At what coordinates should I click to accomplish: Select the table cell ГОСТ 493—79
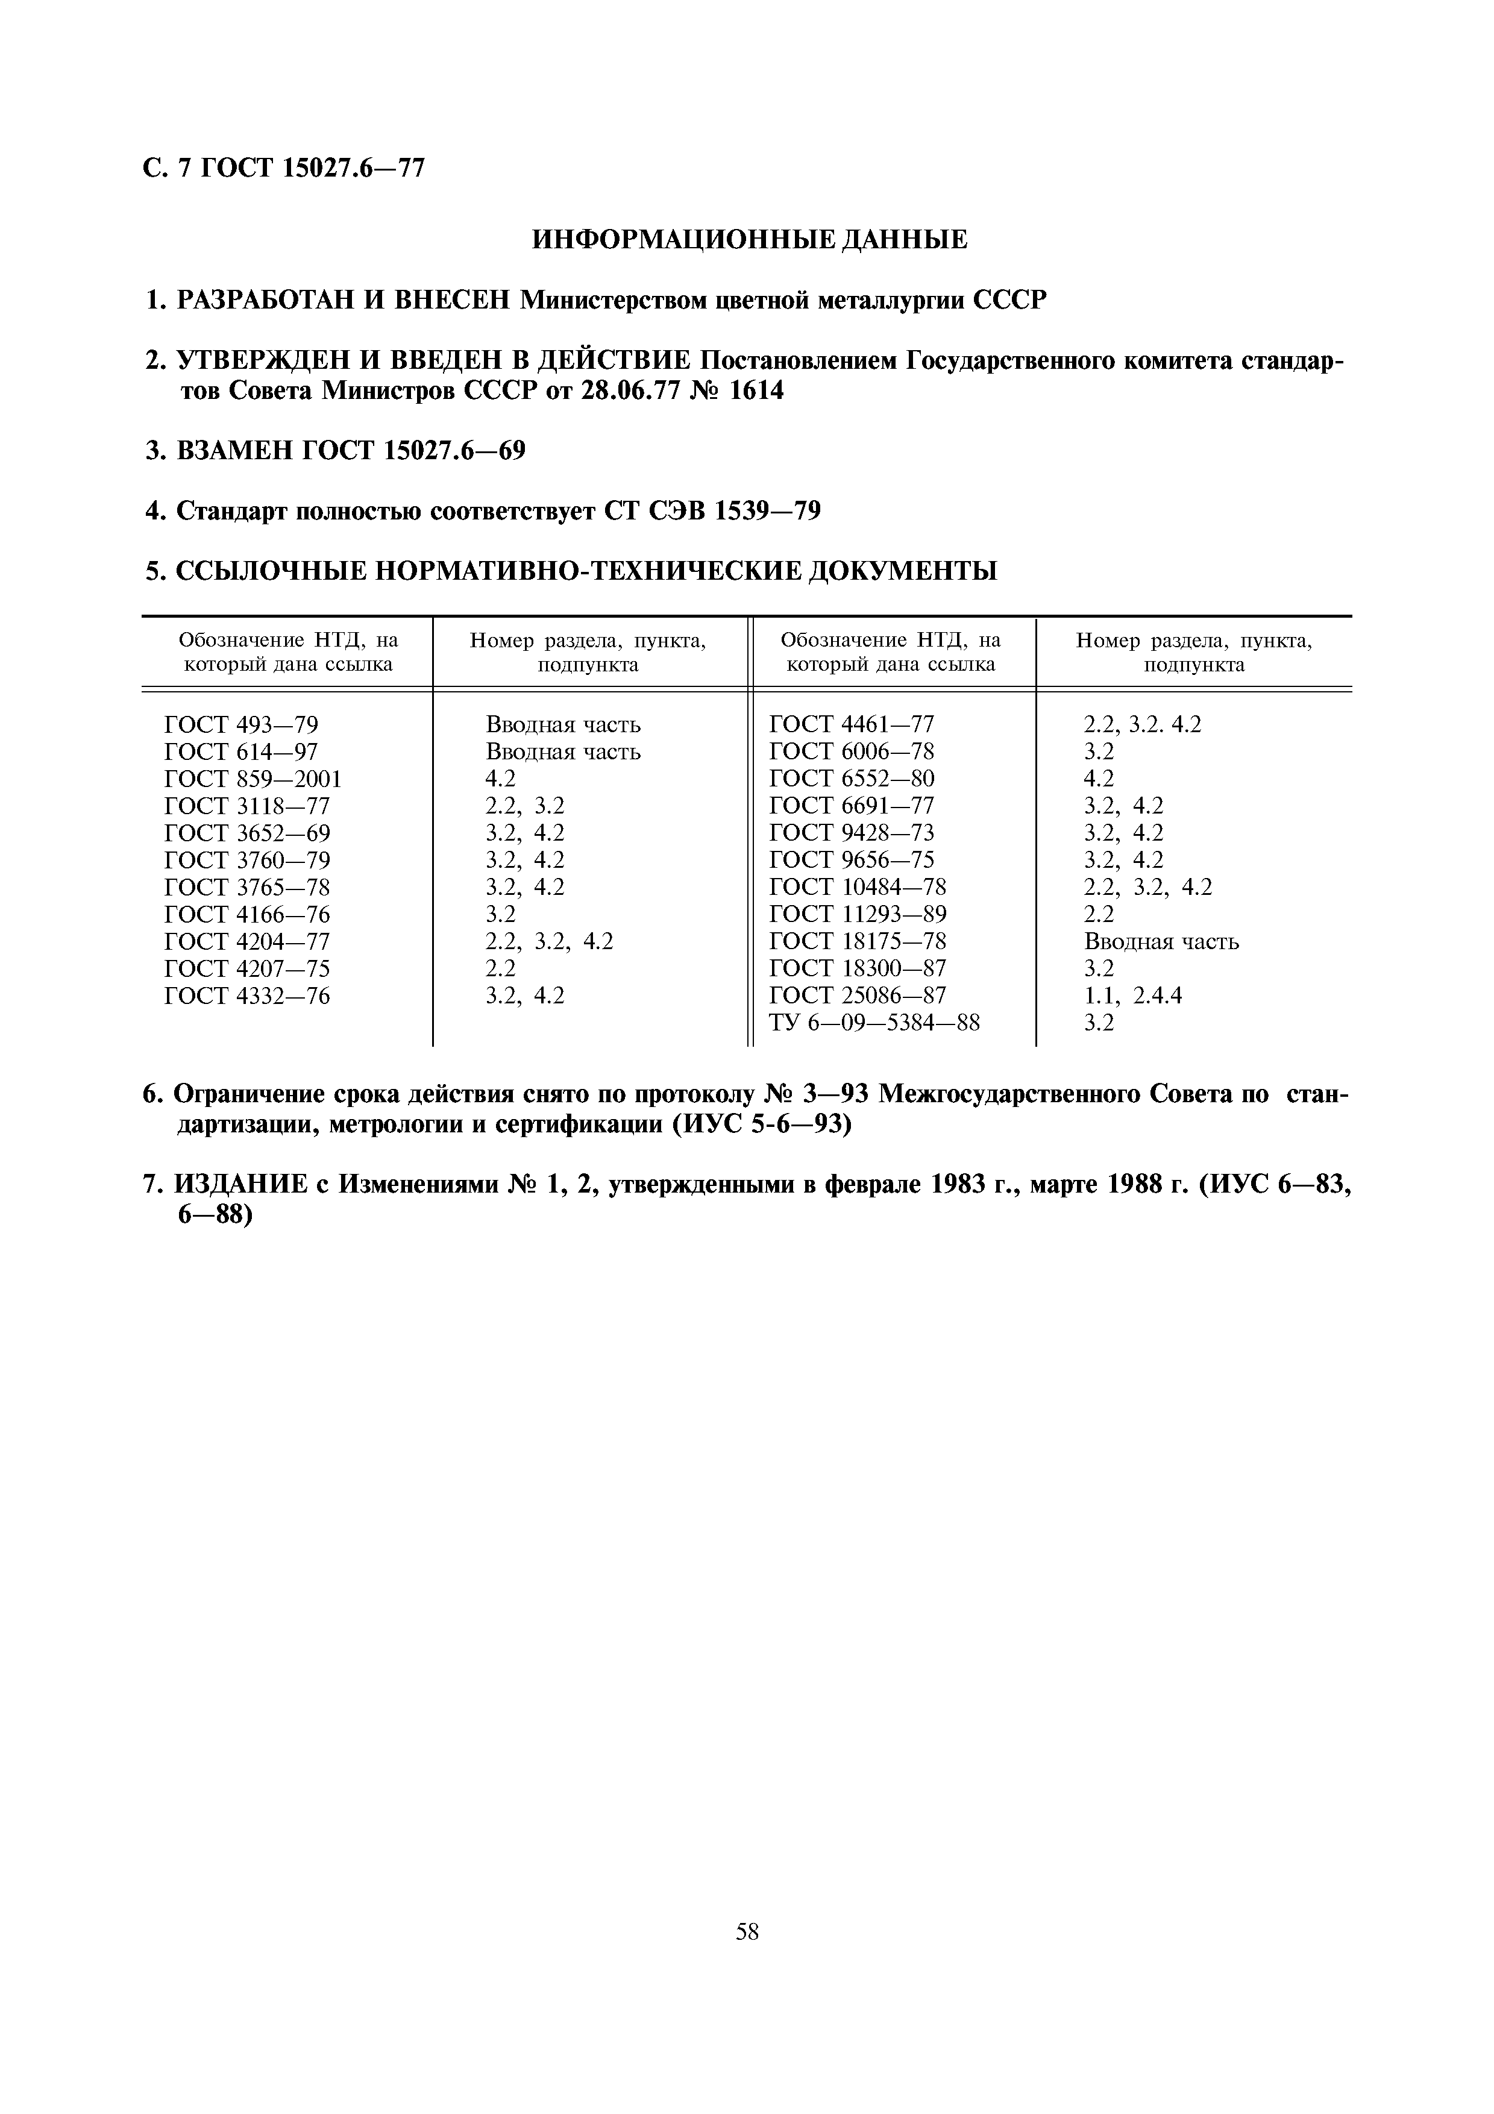[241, 724]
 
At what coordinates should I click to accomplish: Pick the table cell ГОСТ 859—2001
[253, 779]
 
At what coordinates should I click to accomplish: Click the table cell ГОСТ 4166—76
[246, 914]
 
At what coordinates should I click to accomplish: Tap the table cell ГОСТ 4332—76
[246, 996]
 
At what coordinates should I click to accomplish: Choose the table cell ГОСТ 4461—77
[852, 724]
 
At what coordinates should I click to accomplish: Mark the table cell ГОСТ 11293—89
[857, 914]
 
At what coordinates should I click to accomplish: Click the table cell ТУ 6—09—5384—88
[874, 1022]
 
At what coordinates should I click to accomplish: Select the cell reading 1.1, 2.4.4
[1133, 996]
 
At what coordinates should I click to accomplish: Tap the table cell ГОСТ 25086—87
[857, 996]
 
